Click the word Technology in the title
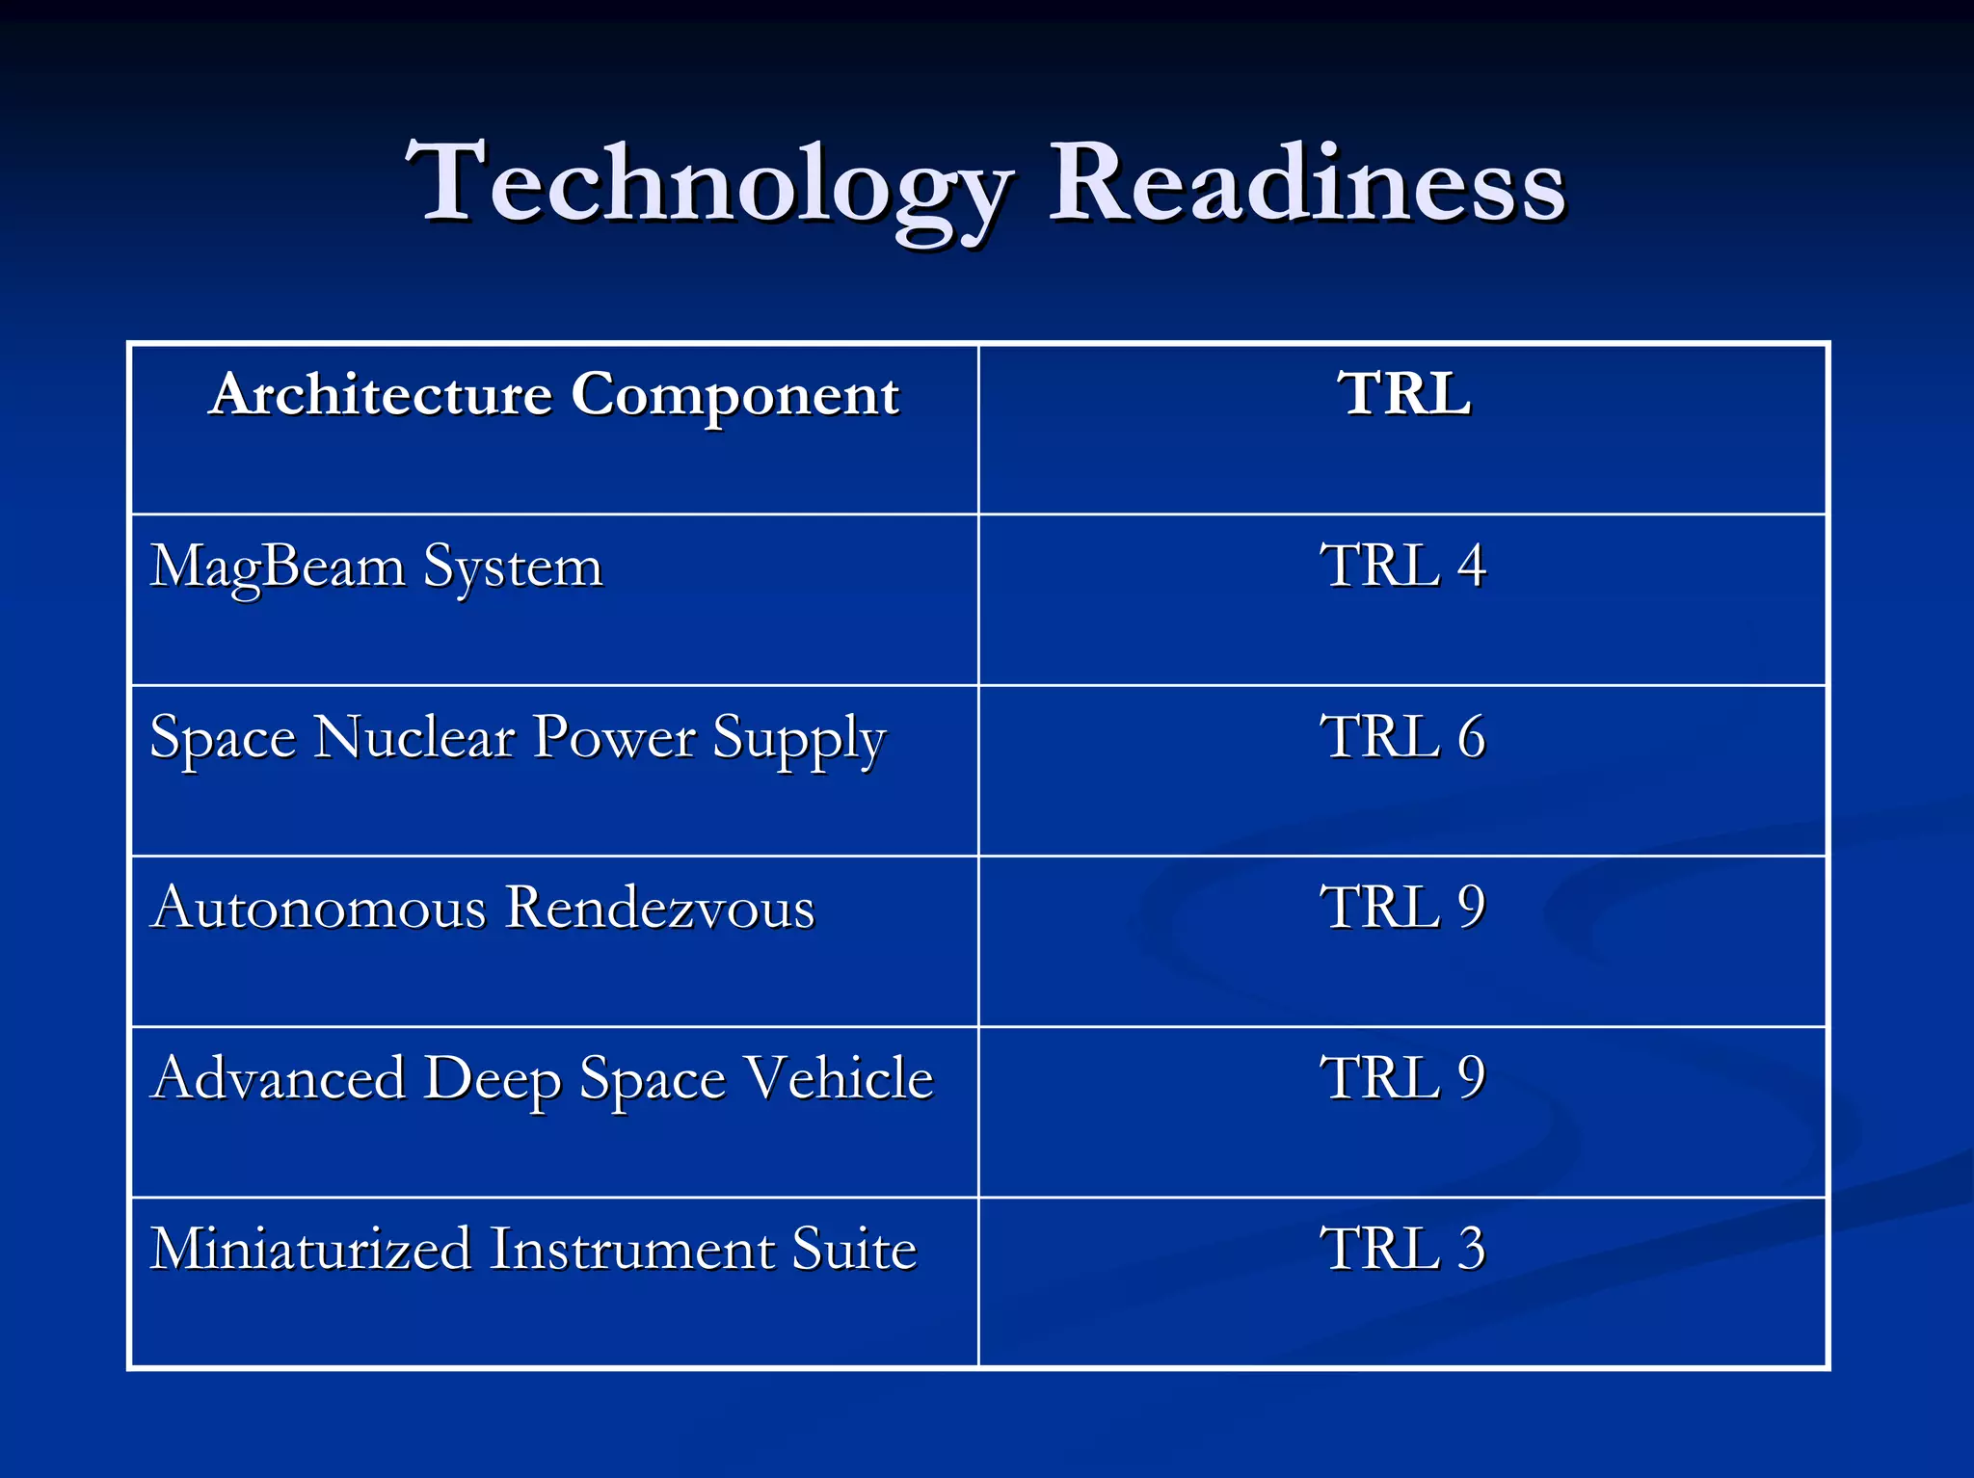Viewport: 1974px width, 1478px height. [x=708, y=185]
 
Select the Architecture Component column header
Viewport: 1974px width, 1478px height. [x=554, y=395]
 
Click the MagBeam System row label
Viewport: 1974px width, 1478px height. [x=376, y=567]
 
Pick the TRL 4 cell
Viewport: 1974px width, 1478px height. [x=1402, y=566]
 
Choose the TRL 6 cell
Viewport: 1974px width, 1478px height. [x=1402, y=737]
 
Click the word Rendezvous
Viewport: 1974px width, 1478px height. [x=659, y=908]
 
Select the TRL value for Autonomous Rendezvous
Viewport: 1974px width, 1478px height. [x=1402, y=908]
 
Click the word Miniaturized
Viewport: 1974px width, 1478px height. [x=310, y=1249]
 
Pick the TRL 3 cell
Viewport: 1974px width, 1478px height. [x=1402, y=1249]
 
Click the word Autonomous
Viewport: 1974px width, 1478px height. [x=319, y=908]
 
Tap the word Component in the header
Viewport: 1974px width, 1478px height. [x=734, y=395]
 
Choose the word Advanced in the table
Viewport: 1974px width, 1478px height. [x=279, y=1078]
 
